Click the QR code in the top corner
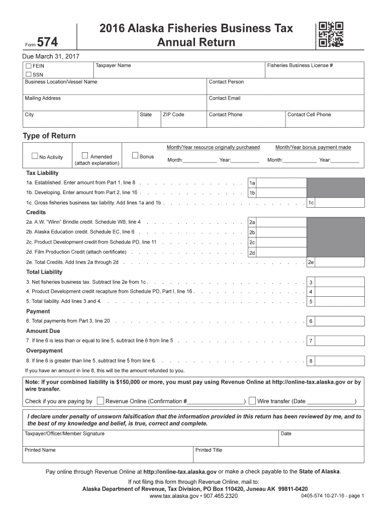pyautogui.click(x=331, y=35)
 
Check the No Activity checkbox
pyautogui.click(x=35, y=156)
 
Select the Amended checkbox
pyautogui.click(x=85, y=155)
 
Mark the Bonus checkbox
pyautogui.click(x=135, y=155)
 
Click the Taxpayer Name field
pyautogui.click(x=178, y=70)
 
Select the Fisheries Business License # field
pyautogui.click(x=314, y=70)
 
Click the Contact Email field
pyautogui.click(x=285, y=102)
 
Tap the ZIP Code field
pyautogui.click(x=183, y=119)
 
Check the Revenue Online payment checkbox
pyautogui.click(x=101, y=401)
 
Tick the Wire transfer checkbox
pyautogui.click(x=252, y=401)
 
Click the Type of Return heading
pyautogui.click(x=49, y=136)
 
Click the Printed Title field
pyautogui.click(x=278, y=455)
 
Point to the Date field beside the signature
pyautogui.click(x=321, y=438)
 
